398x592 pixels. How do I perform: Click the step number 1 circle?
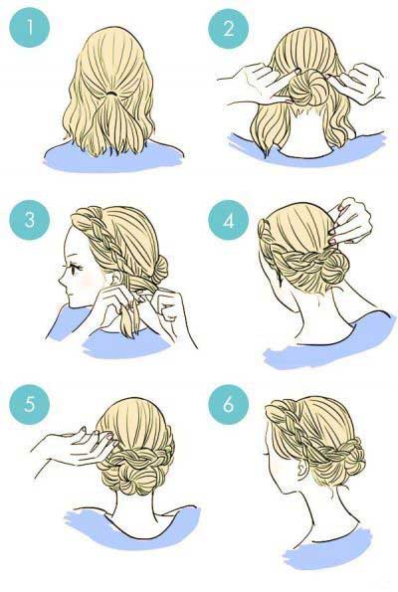[30, 27]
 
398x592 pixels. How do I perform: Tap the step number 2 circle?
[229, 28]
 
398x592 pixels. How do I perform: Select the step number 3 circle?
[30, 220]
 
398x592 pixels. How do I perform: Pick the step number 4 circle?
[229, 221]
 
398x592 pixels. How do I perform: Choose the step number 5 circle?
[30, 405]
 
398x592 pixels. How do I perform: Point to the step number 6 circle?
[229, 405]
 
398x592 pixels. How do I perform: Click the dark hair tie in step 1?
[111, 93]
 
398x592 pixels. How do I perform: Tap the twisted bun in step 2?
[307, 88]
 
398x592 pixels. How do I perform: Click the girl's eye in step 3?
[77, 269]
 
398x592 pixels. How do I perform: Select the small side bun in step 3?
[159, 270]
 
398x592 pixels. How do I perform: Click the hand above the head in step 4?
[351, 221]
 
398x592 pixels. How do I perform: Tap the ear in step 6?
[302, 470]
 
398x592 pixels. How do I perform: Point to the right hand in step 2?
[359, 83]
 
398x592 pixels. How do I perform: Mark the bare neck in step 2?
[307, 132]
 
